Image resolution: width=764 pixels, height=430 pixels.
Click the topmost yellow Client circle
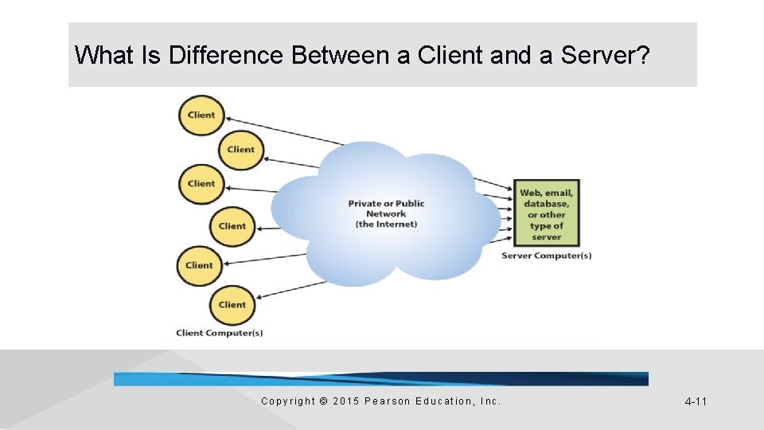click(x=201, y=115)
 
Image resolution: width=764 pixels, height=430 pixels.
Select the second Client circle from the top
click(x=240, y=149)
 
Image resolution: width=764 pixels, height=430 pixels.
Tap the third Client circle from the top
click(x=201, y=183)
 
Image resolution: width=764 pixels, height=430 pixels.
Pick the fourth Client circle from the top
click(x=232, y=225)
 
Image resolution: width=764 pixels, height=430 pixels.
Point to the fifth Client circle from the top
click(x=199, y=265)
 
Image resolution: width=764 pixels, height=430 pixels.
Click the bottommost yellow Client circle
click(x=232, y=304)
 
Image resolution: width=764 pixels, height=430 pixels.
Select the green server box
click(x=546, y=213)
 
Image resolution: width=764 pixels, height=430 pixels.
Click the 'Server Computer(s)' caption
click(x=546, y=256)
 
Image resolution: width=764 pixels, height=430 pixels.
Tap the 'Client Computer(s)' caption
click(x=220, y=333)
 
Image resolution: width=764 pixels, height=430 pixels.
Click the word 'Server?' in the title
click(x=606, y=56)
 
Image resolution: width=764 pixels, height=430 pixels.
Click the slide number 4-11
click(x=696, y=401)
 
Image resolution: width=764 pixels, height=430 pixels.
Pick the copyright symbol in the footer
click(x=323, y=401)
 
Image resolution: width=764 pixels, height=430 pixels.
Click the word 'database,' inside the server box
click(x=546, y=204)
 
